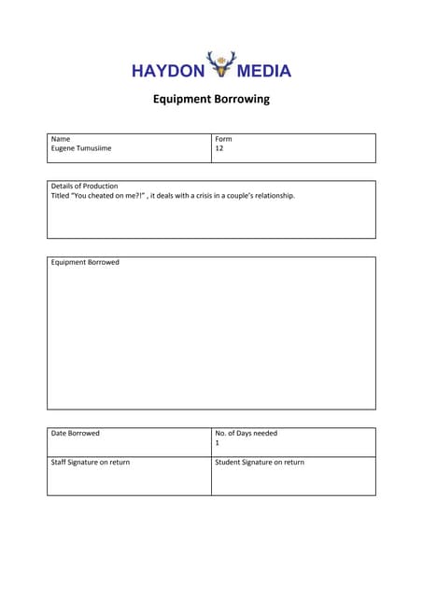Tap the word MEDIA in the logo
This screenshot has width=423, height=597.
click(264, 71)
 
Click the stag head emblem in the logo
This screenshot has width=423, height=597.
click(221, 64)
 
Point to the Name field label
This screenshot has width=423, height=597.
click(61, 139)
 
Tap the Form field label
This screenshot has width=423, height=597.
click(223, 139)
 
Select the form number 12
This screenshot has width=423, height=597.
click(219, 148)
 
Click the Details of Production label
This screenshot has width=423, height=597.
click(84, 187)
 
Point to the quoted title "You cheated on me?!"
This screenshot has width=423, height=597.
click(108, 196)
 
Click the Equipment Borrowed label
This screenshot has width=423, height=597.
click(85, 263)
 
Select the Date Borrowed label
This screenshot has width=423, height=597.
click(75, 433)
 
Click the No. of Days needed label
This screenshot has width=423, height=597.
click(246, 433)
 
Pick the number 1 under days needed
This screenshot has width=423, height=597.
click(218, 443)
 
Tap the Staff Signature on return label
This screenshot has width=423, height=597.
click(91, 463)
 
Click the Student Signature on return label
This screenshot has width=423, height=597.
click(260, 463)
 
